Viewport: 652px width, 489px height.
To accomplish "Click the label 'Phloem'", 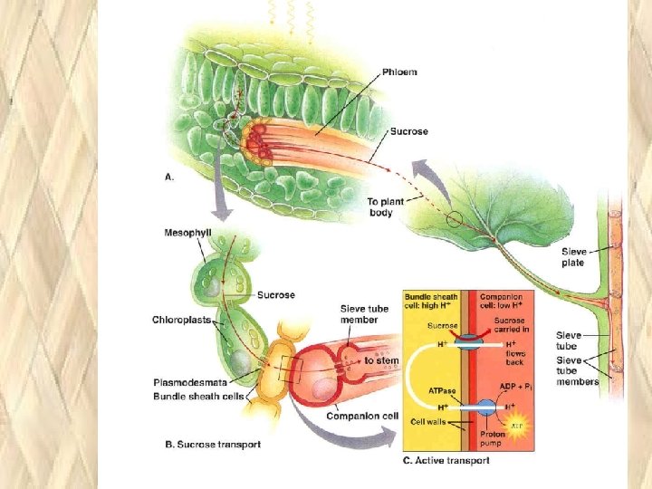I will pyautogui.click(x=399, y=72).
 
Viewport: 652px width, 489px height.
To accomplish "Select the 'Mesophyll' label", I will pyautogui.click(x=187, y=232).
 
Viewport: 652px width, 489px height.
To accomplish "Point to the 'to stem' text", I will pyautogui.click(x=381, y=360).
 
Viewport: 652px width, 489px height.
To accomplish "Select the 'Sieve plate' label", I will pyautogui.click(x=573, y=257).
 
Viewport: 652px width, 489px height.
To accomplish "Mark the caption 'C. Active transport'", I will pyautogui.click(x=446, y=460).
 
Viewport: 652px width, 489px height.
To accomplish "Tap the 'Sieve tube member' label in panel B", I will pyautogui.click(x=365, y=314).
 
